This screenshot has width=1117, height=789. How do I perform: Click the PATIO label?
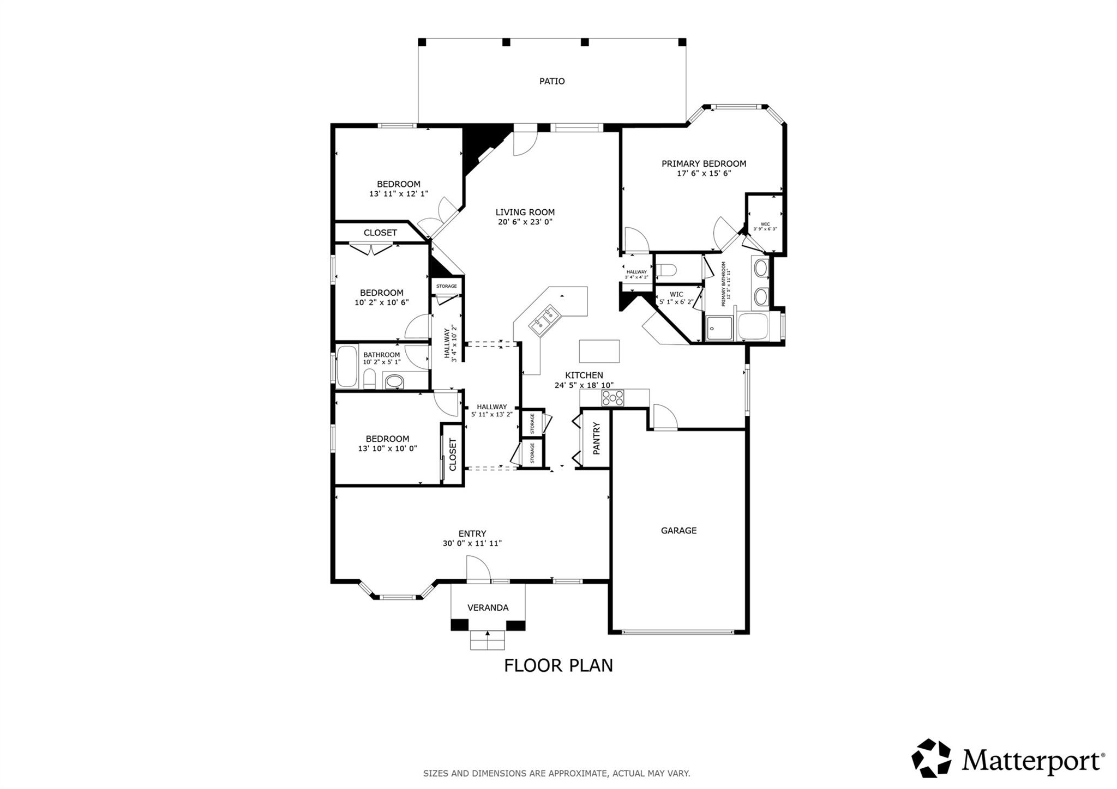[x=552, y=81]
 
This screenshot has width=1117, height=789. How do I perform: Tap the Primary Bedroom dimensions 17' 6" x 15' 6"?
[x=704, y=174]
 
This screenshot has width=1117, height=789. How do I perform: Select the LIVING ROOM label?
[x=525, y=213]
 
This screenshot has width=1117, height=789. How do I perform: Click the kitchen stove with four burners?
[x=612, y=398]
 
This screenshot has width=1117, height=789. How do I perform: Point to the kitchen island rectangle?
[x=599, y=351]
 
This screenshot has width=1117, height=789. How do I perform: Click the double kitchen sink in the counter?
[x=544, y=320]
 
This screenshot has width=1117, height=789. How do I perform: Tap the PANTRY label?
[x=596, y=438]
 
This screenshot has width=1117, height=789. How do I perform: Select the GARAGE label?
[x=678, y=530]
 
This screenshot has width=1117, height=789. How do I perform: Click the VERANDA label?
[x=488, y=608]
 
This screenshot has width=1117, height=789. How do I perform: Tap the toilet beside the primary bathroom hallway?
[x=666, y=269]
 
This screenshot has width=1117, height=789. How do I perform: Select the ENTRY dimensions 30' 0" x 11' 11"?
[x=472, y=543]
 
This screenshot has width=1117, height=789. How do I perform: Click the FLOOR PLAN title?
[x=558, y=665]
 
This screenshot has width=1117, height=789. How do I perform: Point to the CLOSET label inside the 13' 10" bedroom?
[x=452, y=454]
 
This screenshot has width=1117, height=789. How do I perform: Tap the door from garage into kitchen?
[x=664, y=417]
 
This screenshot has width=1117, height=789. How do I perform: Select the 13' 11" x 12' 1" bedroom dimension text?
[x=398, y=193]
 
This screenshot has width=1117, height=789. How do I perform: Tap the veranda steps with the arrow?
[x=487, y=640]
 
